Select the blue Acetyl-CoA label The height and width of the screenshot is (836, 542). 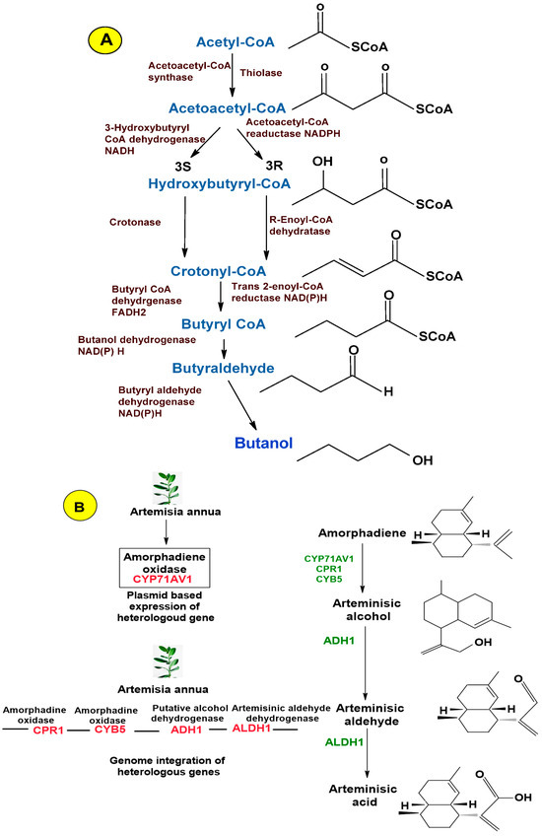point(235,42)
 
